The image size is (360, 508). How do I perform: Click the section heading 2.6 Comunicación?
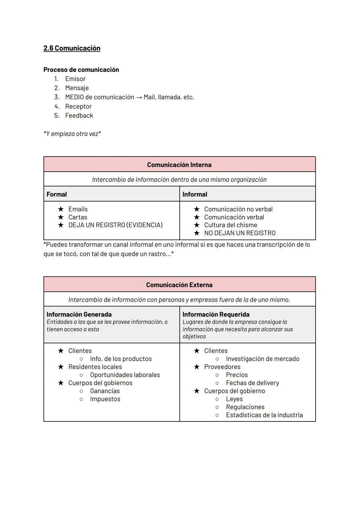pyautogui.click(x=72, y=48)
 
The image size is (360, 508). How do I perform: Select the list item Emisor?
pyautogui.click(x=75, y=79)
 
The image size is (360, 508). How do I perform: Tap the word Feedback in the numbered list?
pyautogui.click(x=79, y=116)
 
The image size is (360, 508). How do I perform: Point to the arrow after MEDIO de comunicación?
pyautogui.click(x=139, y=97)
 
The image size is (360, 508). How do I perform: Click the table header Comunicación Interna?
pyautogui.click(x=179, y=165)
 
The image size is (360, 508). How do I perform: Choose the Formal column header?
pyautogui.click(x=57, y=194)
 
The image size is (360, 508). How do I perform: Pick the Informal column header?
pyautogui.click(x=195, y=194)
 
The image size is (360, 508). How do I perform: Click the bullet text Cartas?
pyautogui.click(x=78, y=217)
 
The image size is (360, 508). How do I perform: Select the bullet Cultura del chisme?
pyautogui.click(x=231, y=225)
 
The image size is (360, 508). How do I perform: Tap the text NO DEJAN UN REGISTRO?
pyautogui.click(x=240, y=233)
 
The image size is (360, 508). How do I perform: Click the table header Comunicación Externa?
pyautogui.click(x=179, y=285)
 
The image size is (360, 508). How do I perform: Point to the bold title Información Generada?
pyautogui.click(x=79, y=314)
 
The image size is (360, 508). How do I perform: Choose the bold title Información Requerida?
pyautogui.click(x=216, y=314)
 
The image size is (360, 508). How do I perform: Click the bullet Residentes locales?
pyautogui.click(x=95, y=367)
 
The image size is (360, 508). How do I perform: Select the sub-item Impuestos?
pyautogui.click(x=105, y=399)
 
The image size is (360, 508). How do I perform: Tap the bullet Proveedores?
pyautogui.click(x=222, y=367)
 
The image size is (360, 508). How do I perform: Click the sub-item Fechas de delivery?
pyautogui.click(x=252, y=383)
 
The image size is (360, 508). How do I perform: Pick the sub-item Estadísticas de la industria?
pyautogui.click(x=264, y=415)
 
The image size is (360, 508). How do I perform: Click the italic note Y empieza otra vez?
pyautogui.click(x=72, y=134)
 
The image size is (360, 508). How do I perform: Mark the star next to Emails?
pyautogui.click(x=61, y=209)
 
